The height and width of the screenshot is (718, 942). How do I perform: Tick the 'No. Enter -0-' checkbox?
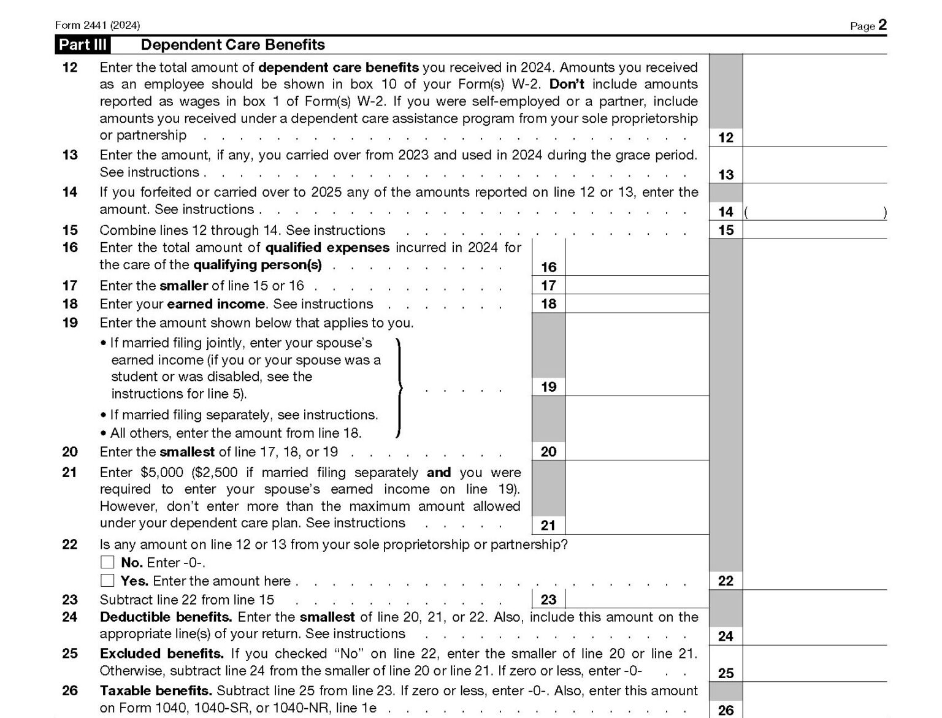click(x=107, y=562)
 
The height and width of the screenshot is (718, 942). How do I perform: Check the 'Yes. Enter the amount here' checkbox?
click(x=107, y=581)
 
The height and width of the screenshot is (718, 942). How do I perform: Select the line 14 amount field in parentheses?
click(x=814, y=212)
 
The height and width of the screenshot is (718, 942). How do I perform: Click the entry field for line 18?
click(x=637, y=304)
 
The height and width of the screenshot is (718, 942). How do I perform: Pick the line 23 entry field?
click(x=637, y=599)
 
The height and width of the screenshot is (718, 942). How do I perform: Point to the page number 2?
click(x=883, y=25)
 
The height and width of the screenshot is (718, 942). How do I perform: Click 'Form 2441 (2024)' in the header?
click(x=98, y=25)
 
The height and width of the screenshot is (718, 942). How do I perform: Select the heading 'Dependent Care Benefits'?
click(x=233, y=45)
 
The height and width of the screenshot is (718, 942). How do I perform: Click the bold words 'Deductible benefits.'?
click(x=166, y=617)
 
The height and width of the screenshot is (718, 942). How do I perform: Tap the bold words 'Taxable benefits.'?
click(x=156, y=691)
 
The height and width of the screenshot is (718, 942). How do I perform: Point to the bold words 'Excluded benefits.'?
click(x=162, y=654)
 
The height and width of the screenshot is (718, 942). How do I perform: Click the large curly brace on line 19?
click(x=399, y=388)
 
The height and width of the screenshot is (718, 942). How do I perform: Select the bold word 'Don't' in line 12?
click(x=567, y=84)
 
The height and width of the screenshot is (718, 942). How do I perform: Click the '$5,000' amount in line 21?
click(x=162, y=473)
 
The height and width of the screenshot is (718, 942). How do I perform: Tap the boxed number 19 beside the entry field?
click(x=548, y=386)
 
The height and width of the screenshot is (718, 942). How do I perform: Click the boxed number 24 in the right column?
click(x=726, y=636)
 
